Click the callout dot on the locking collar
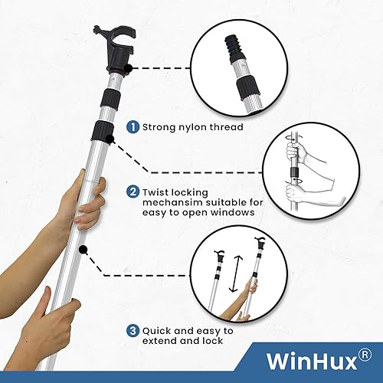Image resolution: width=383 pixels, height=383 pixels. [x=111, y=139]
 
